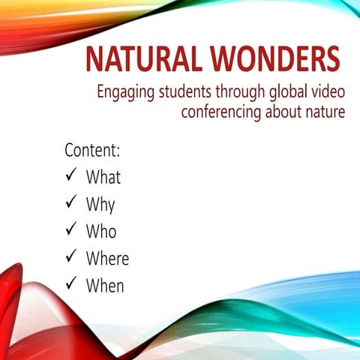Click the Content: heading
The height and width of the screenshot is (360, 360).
point(93,149)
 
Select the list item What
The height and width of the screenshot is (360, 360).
point(103,178)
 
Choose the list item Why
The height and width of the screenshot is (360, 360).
point(100,205)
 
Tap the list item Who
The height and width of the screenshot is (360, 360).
point(101,231)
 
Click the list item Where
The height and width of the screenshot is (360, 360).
point(107,258)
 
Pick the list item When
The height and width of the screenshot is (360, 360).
point(105,285)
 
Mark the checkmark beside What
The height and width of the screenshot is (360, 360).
point(72,177)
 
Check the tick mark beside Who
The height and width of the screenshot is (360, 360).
point(72,230)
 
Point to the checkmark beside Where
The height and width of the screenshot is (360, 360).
point(72,257)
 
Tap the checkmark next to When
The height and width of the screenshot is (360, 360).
point(72,284)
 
